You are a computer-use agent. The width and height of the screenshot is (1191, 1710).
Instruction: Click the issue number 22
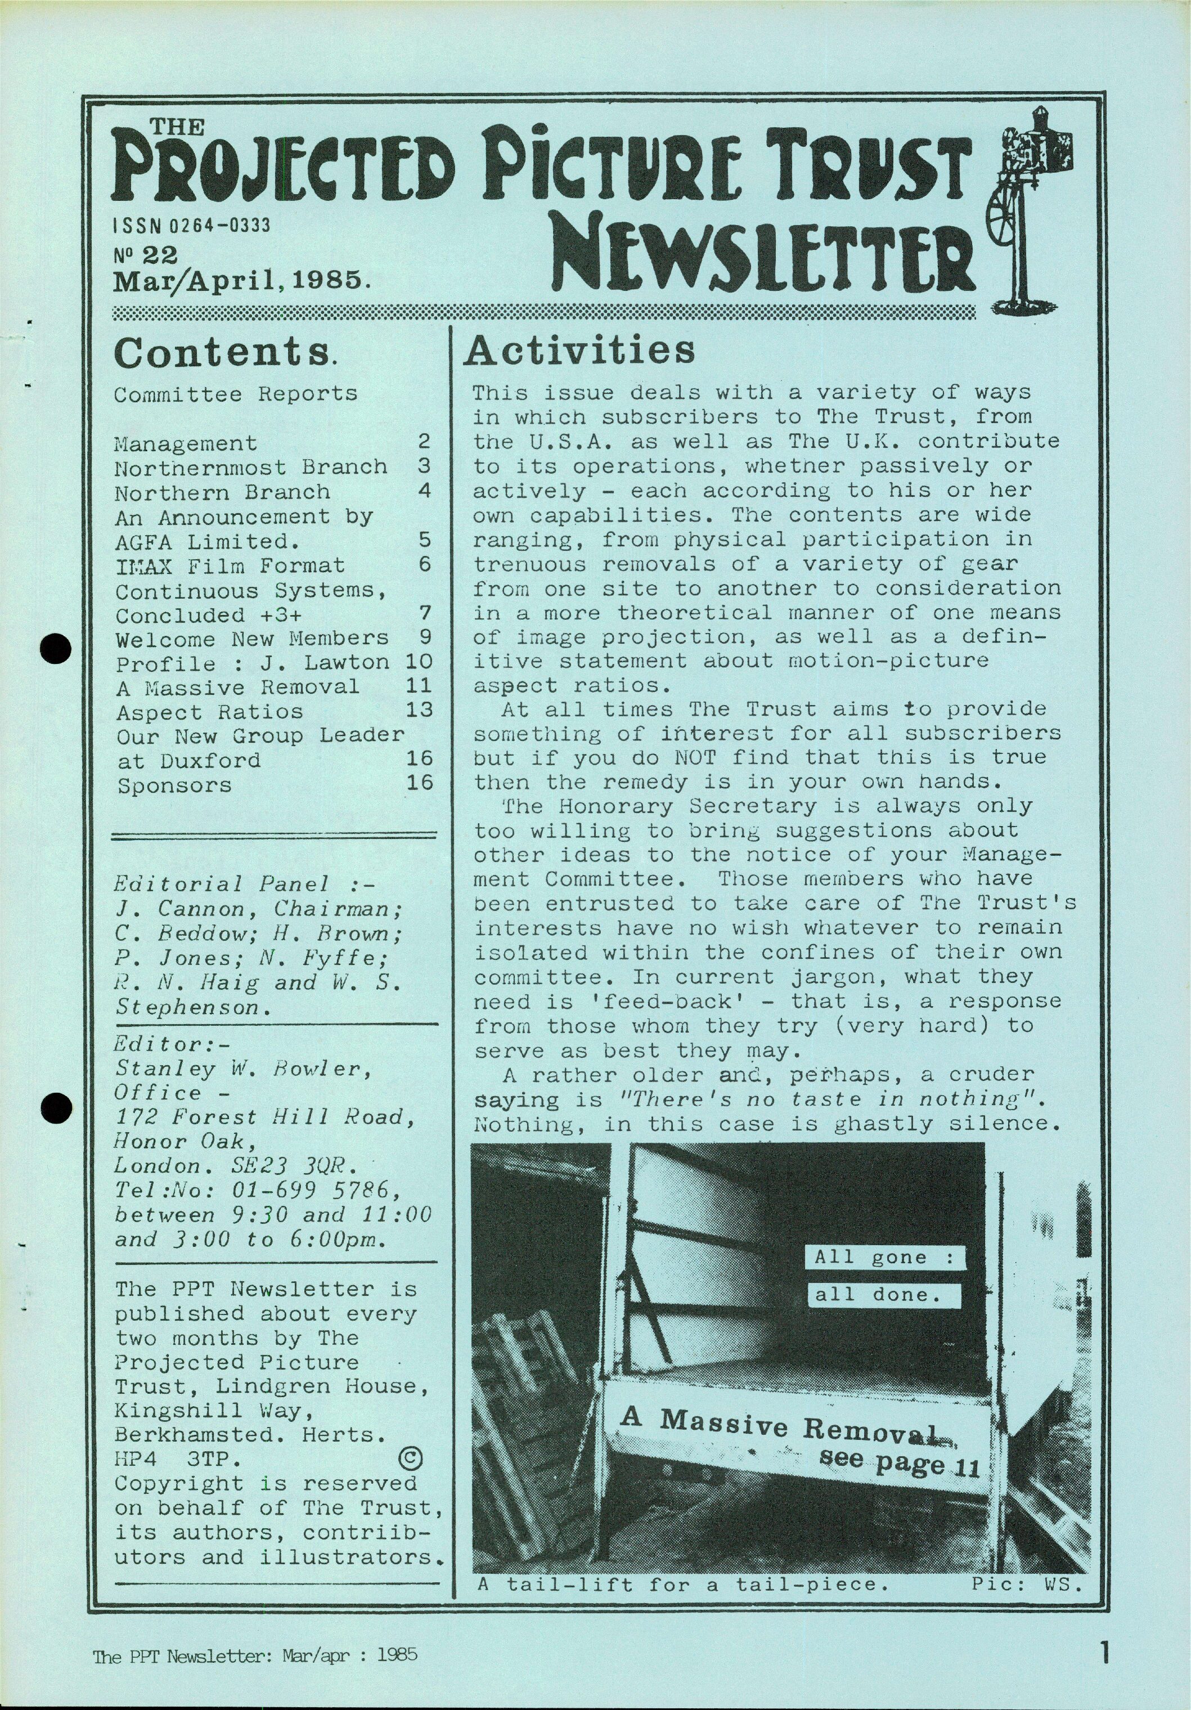point(160,255)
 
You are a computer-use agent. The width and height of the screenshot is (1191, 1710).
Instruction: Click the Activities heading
point(579,351)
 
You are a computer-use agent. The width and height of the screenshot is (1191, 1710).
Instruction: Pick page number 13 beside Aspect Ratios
point(419,710)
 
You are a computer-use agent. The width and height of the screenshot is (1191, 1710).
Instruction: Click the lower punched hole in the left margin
point(55,1107)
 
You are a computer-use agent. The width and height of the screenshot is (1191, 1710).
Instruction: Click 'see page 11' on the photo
point(898,1462)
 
